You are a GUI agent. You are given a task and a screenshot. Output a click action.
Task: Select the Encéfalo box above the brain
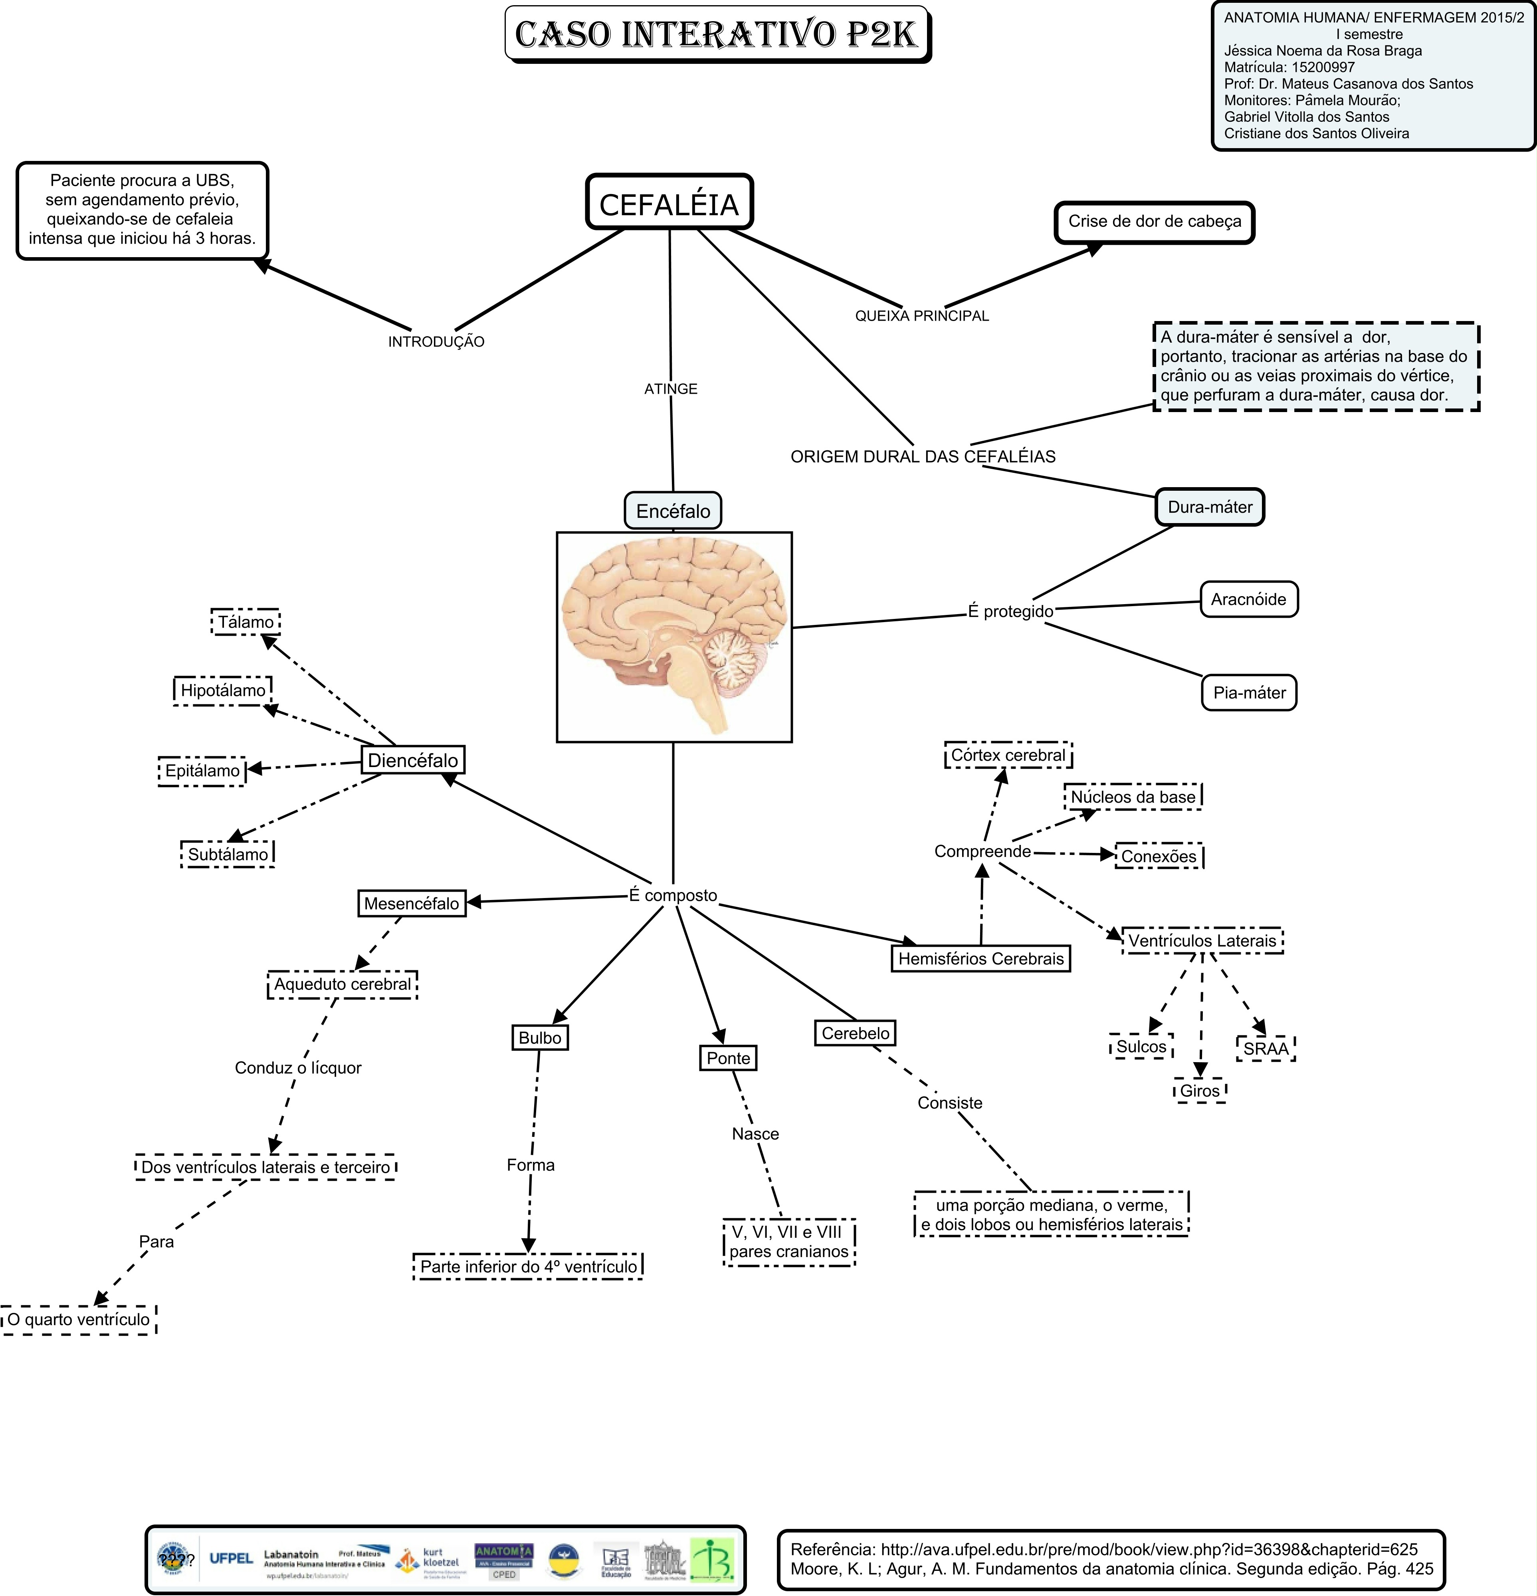pos(673,512)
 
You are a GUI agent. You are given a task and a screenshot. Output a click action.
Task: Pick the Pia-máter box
pos(1249,693)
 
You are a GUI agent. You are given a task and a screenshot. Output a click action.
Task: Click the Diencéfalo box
pos(413,761)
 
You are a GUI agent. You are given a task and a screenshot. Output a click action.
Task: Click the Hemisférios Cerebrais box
pos(981,958)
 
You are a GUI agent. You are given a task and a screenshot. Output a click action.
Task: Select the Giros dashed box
pos(1200,1091)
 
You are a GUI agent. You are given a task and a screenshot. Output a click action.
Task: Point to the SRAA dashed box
pos(1265,1049)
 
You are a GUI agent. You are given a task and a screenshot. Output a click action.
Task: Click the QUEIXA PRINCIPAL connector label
pos(921,316)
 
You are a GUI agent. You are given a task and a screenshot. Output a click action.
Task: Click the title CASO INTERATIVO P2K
pos(716,34)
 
